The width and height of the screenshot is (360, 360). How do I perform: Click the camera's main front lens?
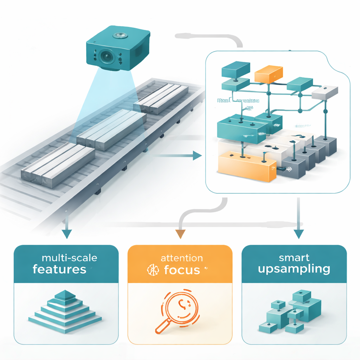click(x=105, y=56)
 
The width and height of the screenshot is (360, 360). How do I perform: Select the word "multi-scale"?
click(x=69, y=258)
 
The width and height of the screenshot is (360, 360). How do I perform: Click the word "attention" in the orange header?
click(x=181, y=258)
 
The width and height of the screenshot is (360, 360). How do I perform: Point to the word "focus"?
click(x=182, y=270)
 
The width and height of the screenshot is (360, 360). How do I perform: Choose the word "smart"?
click(x=294, y=258)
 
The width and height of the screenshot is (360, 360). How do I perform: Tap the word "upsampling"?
click(x=294, y=270)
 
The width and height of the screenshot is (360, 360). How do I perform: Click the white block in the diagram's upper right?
click(x=325, y=92)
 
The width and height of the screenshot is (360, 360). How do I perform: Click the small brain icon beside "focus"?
click(x=152, y=270)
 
